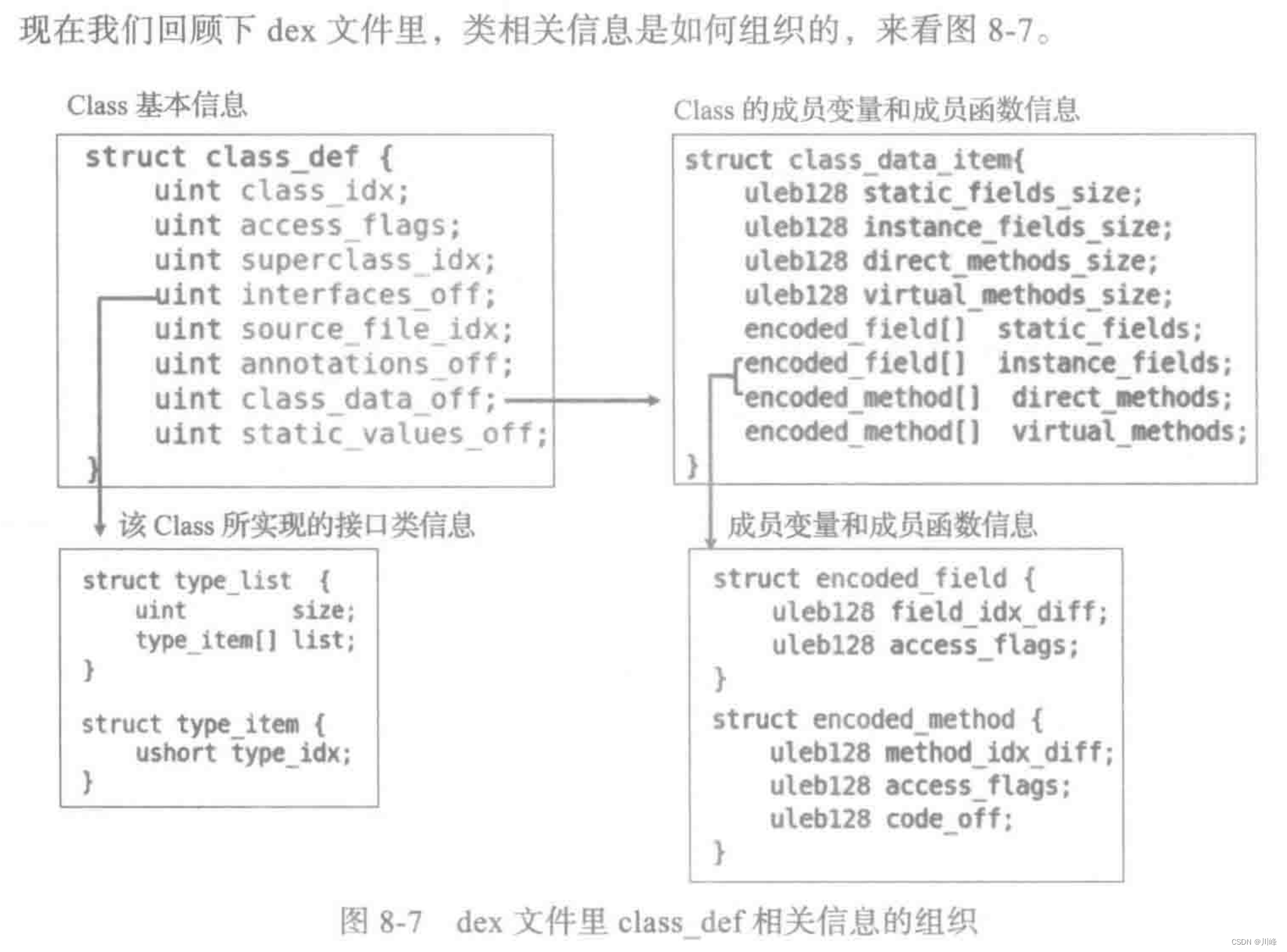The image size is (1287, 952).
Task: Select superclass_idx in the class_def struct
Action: click(x=368, y=260)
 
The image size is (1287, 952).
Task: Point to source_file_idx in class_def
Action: click(x=376, y=330)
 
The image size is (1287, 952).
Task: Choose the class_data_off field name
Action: click(x=368, y=399)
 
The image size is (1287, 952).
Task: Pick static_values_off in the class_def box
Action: click(x=394, y=434)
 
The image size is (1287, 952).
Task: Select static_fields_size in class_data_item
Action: click(x=1001, y=193)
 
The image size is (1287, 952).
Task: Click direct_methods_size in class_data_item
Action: click(x=1009, y=262)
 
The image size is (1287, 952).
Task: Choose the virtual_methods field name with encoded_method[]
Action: click(x=1128, y=432)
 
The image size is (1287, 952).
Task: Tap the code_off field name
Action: click(x=948, y=819)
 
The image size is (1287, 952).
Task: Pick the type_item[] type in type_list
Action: click(x=206, y=640)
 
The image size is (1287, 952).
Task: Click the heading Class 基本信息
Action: click(x=157, y=105)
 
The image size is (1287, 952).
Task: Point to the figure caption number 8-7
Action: click(x=400, y=922)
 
